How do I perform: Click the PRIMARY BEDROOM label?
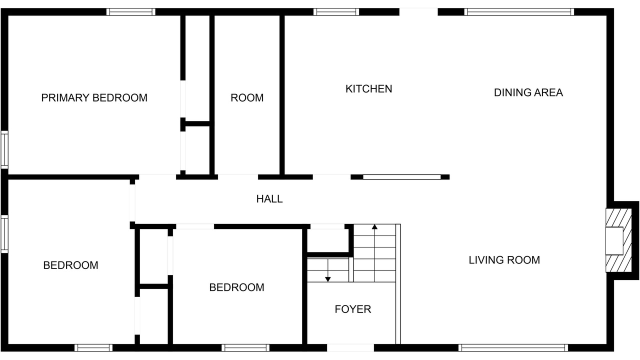click(94, 98)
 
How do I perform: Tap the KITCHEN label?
click(369, 89)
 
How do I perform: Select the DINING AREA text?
click(528, 92)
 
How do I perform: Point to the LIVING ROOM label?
click(504, 260)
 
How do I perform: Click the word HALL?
click(269, 199)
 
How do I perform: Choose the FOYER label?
click(353, 309)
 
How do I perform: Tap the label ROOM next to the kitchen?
click(247, 98)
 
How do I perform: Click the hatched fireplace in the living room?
click(618, 240)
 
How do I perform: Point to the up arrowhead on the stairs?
click(374, 227)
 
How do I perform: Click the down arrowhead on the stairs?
click(328, 279)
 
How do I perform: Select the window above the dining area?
click(519, 11)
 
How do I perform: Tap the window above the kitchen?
click(336, 11)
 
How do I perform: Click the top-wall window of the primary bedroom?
click(131, 11)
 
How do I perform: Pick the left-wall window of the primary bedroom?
click(4, 149)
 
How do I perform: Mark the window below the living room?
click(513, 347)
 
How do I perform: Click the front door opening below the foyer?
click(350, 347)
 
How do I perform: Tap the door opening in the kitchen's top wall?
click(418, 11)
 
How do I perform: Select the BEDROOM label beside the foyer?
click(237, 287)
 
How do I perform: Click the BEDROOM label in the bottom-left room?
click(71, 265)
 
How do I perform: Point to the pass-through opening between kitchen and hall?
click(402, 177)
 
